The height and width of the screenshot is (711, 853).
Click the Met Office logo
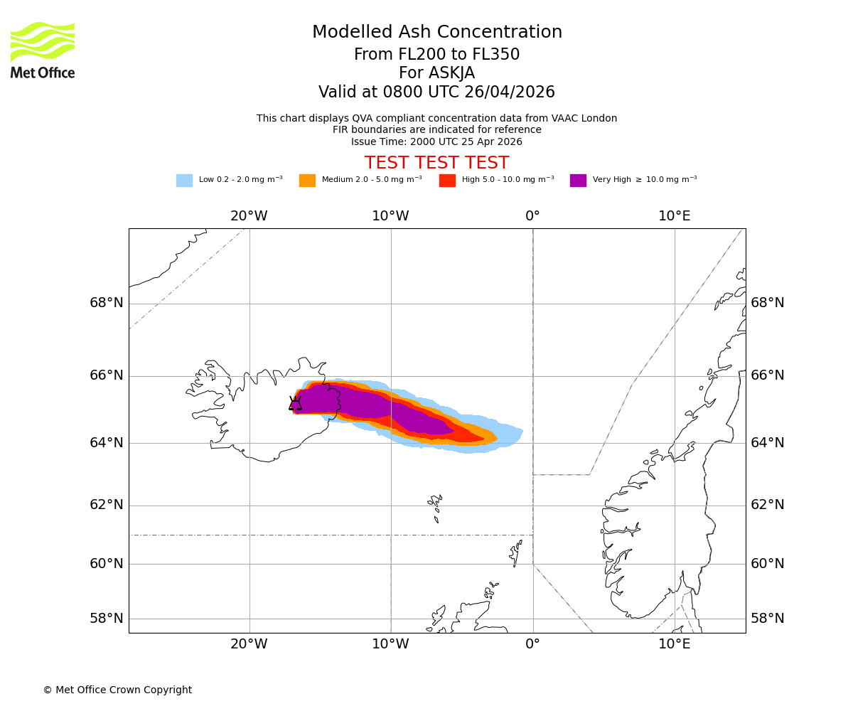coord(43,50)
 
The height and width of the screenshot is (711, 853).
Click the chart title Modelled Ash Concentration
coord(436,32)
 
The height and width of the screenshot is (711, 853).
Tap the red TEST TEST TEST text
coord(436,163)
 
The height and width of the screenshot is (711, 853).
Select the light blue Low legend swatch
coord(184,181)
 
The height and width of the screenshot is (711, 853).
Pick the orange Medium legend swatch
coord(307,181)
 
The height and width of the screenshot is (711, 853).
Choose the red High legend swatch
coord(447,181)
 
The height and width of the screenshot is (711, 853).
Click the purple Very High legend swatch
coord(578,181)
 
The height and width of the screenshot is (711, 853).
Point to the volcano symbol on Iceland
coord(295,404)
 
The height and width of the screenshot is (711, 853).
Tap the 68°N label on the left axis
coord(107,303)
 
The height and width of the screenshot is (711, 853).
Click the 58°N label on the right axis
coord(768,619)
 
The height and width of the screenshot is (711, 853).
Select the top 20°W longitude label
coord(249,216)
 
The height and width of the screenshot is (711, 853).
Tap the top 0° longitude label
coord(532,216)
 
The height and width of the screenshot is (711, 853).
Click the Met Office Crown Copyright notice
coord(117,690)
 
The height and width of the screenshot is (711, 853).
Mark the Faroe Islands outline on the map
coord(435,505)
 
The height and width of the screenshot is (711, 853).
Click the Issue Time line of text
coord(436,141)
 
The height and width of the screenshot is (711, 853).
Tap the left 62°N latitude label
coord(107,505)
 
